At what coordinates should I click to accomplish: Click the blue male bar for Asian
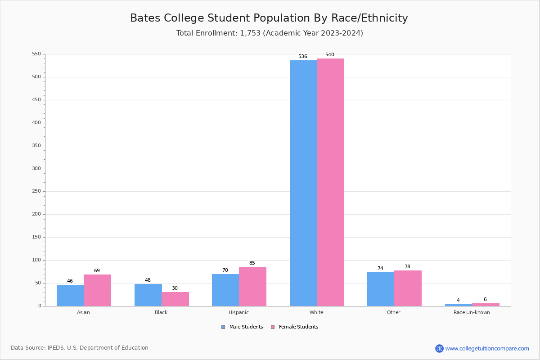coord(70,295)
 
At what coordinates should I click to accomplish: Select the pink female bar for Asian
coord(97,290)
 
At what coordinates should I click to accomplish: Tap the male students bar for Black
coord(148,295)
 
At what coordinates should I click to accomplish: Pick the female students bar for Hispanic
coord(252,286)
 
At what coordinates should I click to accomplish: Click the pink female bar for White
coord(330,182)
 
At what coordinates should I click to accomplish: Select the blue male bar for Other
coord(381,289)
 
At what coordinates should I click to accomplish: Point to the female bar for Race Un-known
coord(486,305)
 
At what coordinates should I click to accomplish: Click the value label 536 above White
coord(302,57)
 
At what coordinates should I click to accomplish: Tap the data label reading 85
coord(252,263)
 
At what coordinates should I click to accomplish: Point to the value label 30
coord(175,288)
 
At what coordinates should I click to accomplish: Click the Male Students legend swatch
coord(223,327)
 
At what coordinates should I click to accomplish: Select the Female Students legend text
coord(298,327)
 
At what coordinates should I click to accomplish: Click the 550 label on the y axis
coord(36,54)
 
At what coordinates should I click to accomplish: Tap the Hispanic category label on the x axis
coord(238,312)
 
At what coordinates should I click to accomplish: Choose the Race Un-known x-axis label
coord(472,312)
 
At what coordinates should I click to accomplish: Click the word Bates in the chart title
coord(145,18)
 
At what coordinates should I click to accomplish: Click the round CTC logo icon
coord(439,348)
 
